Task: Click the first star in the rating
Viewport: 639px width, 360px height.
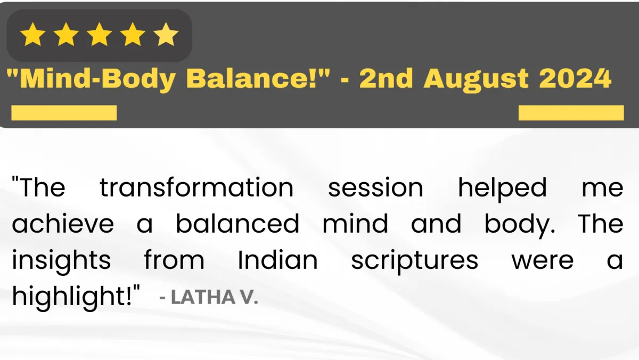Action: [33, 35]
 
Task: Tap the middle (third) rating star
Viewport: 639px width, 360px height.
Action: [99, 35]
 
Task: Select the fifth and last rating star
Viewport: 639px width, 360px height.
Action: [166, 35]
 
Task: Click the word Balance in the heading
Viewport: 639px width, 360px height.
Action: [251, 78]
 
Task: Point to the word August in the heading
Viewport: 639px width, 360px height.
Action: [476, 80]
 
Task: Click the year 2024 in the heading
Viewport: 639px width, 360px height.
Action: [575, 78]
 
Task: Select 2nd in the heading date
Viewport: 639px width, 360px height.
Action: [386, 78]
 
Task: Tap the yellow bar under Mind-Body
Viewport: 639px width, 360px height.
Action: [64, 113]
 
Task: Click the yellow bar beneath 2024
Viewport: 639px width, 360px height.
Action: [571, 113]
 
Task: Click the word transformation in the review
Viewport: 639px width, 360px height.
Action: [196, 187]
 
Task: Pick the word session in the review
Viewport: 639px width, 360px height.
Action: [375, 187]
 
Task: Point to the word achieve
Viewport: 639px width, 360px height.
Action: [63, 223]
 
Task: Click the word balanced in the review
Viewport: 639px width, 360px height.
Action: [237, 223]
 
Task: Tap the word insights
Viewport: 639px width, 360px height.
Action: [61, 260]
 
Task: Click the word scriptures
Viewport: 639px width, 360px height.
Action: [414, 261]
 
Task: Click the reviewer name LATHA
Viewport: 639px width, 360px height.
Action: [203, 297]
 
